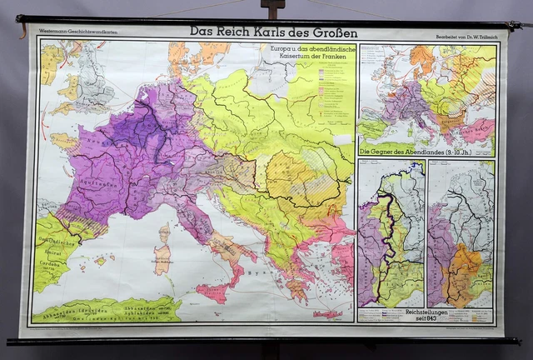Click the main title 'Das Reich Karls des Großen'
pyautogui.click(x=273, y=32)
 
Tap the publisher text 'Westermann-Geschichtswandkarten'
pyautogui.click(x=73, y=37)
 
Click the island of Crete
pyautogui.click(x=327, y=315)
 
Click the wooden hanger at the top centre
pyautogui.click(x=272, y=10)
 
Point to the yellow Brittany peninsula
pyautogui.click(x=63, y=139)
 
